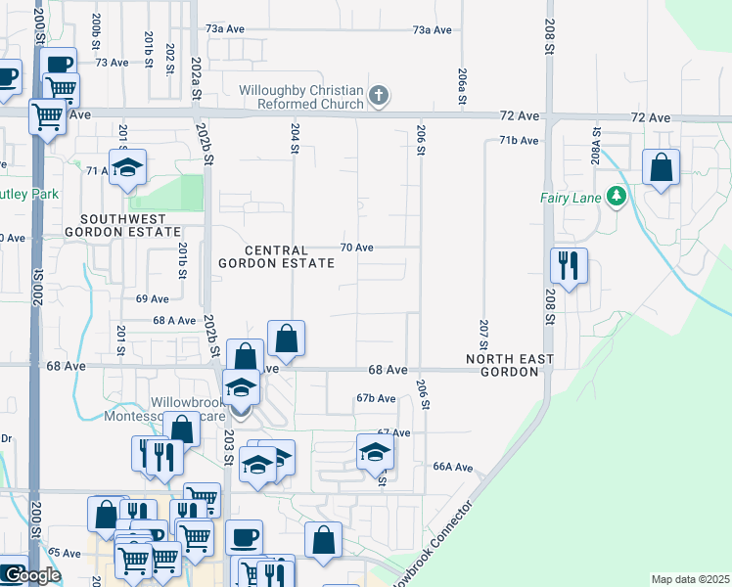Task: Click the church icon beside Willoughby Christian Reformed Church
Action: click(379, 96)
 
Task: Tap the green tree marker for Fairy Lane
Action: click(616, 197)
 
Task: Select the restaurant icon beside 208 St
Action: click(567, 263)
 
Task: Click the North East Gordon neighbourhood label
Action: click(502, 366)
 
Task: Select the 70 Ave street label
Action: click(356, 248)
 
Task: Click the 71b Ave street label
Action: click(519, 141)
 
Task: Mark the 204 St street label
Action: click(294, 138)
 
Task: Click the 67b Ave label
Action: click(376, 398)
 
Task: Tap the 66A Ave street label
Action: click(454, 467)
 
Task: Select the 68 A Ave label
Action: click(175, 320)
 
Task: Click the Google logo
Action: click(30, 575)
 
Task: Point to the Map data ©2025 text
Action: click(690, 579)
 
